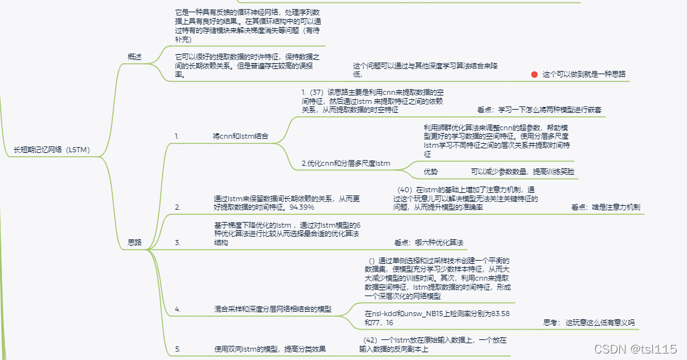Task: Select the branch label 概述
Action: pyautogui.click(x=135, y=57)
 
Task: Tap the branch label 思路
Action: pyautogui.click(x=135, y=242)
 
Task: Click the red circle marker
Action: pyautogui.click(x=534, y=74)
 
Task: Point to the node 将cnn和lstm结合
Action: pyautogui.click(x=240, y=137)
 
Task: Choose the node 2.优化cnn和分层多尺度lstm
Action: pyautogui.click(x=346, y=163)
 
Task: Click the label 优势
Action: pyautogui.click(x=430, y=172)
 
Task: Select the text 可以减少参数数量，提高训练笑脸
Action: pyautogui.click(x=522, y=172)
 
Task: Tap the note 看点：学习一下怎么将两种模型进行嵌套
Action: pyautogui.click(x=539, y=110)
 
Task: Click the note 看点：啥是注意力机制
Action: pyautogui.click(x=605, y=208)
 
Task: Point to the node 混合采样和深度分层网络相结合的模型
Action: pyautogui.click(x=272, y=310)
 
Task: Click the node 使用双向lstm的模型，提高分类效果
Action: pyautogui.click(x=270, y=349)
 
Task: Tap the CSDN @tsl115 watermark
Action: pyautogui.click(x=635, y=349)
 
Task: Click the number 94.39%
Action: pyautogui.click(x=301, y=207)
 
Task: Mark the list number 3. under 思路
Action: pyautogui.click(x=177, y=242)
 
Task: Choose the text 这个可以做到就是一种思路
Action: pyautogui.click(x=584, y=74)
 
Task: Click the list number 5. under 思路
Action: pyautogui.click(x=177, y=349)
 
